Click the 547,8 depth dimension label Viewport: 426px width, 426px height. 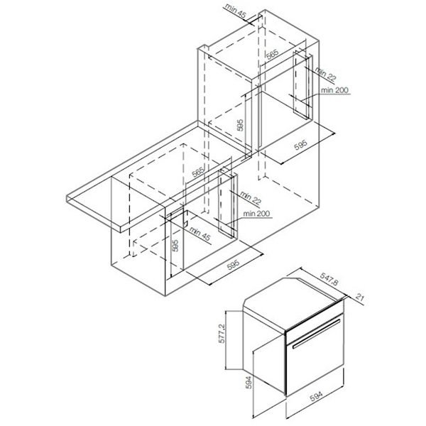tap(329, 279)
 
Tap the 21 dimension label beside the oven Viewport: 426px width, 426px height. tap(359, 297)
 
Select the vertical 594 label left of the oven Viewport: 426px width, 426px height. tap(248, 382)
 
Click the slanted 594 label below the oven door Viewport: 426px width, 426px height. tap(316, 396)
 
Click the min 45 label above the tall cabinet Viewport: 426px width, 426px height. tap(236, 11)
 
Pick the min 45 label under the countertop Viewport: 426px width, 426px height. tap(200, 234)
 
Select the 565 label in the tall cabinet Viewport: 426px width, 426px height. tap(272, 54)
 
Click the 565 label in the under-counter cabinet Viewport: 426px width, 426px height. tap(198, 172)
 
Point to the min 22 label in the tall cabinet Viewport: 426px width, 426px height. tap(325, 74)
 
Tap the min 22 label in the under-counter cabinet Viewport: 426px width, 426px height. tap(251, 198)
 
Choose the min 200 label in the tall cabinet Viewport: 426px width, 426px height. tap(334, 90)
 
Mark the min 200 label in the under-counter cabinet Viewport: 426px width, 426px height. tap(257, 214)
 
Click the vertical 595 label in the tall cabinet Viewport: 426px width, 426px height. tap(240, 125)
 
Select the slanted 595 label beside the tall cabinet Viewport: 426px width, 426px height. tap(301, 145)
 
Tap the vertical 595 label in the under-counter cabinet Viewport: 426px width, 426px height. tap(175, 246)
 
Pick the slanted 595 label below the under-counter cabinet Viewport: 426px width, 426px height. tap(234, 265)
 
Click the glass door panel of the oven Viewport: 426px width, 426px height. tap(315, 354)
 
